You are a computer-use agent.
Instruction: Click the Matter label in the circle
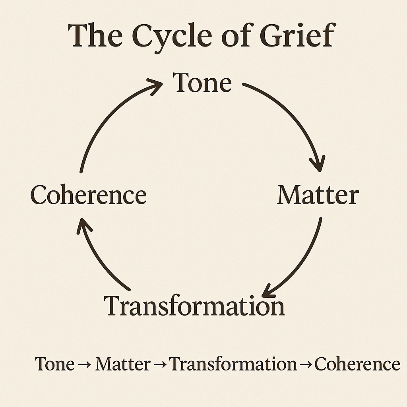pyautogui.click(x=318, y=196)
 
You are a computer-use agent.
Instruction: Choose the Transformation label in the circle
pyautogui.click(x=194, y=306)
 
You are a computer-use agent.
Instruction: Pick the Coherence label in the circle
pyautogui.click(x=89, y=196)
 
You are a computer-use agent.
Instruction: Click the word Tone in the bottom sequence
pyautogui.click(x=55, y=364)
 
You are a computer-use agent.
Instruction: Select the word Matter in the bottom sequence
pyautogui.click(x=122, y=364)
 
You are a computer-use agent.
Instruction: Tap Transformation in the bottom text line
pyautogui.click(x=233, y=364)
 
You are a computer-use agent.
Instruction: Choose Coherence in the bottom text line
pyautogui.click(x=357, y=364)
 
